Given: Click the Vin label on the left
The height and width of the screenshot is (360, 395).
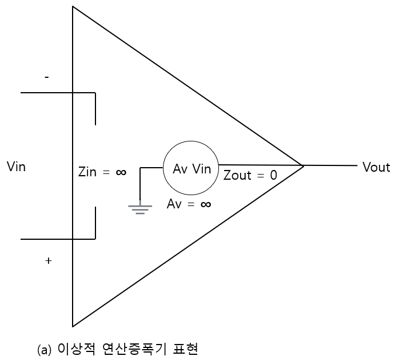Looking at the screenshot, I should (x=16, y=167).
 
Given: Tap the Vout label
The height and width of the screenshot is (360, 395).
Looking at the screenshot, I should (x=376, y=167).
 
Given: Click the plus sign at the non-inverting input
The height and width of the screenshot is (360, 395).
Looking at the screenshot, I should (x=48, y=261).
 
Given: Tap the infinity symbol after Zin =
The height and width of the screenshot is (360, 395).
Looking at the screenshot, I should (x=121, y=172).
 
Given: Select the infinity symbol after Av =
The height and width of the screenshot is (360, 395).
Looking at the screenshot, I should (x=205, y=204).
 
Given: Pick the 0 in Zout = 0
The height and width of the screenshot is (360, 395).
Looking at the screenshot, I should (x=273, y=176).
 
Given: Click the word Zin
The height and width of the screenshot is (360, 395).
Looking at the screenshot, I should (x=88, y=172).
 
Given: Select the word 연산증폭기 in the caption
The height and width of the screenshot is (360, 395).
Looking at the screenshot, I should (x=132, y=349).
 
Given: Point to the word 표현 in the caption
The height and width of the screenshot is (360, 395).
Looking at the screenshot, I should (x=184, y=349).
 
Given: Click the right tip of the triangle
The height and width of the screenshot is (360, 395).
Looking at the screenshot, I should (x=303, y=166).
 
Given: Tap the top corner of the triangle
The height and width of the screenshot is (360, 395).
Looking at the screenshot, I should (x=73, y=6).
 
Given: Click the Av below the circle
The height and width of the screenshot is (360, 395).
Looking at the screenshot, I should (x=174, y=204).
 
